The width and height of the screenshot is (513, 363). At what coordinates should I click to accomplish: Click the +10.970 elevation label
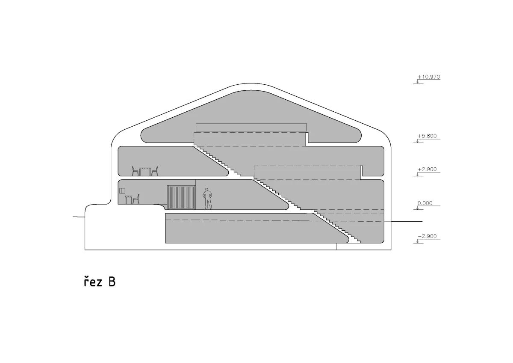(429, 77)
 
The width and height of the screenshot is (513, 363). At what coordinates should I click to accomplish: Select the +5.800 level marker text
(427, 136)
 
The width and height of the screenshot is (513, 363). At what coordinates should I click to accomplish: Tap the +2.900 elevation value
(427, 170)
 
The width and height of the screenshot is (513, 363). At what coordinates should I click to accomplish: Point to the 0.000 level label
(425, 203)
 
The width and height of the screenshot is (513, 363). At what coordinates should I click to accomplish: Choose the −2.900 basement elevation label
(427, 236)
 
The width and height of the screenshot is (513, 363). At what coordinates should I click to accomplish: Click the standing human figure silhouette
(207, 199)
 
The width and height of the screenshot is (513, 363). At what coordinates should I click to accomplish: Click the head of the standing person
(207, 190)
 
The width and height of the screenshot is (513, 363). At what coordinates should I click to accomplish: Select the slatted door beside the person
(181, 197)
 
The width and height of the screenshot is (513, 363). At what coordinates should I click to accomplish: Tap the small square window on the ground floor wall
(122, 190)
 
